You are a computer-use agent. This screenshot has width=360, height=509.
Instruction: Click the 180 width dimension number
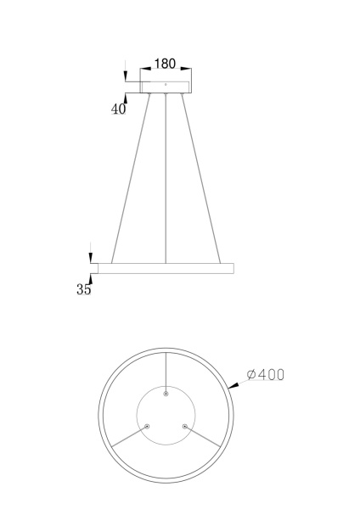(165, 64)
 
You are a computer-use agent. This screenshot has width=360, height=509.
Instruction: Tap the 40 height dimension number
(118, 109)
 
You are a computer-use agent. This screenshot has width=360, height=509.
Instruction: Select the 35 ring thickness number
(84, 289)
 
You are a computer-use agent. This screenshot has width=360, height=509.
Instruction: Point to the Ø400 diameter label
(264, 374)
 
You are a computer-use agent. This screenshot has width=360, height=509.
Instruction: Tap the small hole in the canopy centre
(166, 84)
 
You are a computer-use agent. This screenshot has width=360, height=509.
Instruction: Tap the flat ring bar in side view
(166, 267)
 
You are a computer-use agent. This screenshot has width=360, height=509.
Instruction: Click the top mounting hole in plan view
(166, 395)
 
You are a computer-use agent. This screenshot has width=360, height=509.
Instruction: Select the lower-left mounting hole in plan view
(148, 426)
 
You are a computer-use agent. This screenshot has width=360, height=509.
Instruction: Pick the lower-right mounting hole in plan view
(183, 426)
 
